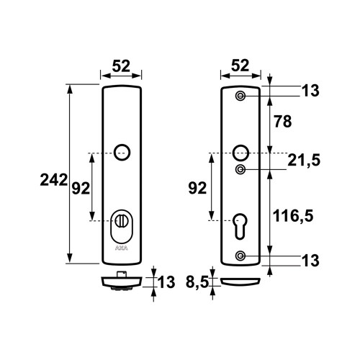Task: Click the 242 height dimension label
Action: pyautogui.click(x=54, y=180)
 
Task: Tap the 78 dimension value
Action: pyautogui.click(x=283, y=122)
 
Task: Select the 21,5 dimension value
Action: pyautogui.click(x=304, y=161)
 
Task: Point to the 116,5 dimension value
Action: pyautogui.click(x=293, y=215)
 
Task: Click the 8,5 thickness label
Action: pyautogui.click(x=197, y=282)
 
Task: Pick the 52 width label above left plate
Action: pyautogui.click(x=121, y=66)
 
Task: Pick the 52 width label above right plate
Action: pyautogui.click(x=240, y=66)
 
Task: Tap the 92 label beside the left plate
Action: pyautogui.click(x=81, y=189)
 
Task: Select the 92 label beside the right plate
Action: pyautogui.click(x=197, y=188)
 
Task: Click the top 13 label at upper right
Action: pyautogui.click(x=310, y=91)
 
